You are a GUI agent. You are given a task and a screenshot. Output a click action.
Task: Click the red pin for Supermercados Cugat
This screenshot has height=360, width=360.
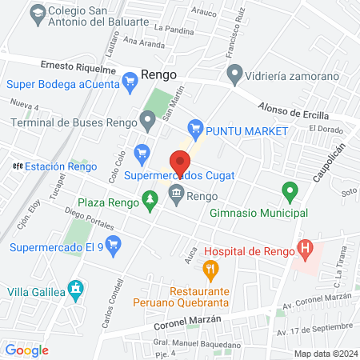(x=181, y=165)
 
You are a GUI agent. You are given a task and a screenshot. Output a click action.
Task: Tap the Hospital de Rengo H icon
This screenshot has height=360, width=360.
(x=305, y=250)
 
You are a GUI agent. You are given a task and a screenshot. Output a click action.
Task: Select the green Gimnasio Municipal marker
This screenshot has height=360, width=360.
(x=290, y=192)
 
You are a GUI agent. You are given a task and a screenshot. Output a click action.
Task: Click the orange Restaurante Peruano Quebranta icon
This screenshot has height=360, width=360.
(x=211, y=270)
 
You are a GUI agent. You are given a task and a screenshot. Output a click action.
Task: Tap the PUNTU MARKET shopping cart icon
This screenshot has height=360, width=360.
(x=194, y=128)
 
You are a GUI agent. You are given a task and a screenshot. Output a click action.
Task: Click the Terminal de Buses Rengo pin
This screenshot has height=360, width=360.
(x=147, y=122)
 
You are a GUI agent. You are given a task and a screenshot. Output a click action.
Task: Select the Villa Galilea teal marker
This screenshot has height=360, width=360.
(x=75, y=287)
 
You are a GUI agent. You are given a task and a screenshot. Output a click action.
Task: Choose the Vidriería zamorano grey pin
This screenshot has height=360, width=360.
(x=234, y=75)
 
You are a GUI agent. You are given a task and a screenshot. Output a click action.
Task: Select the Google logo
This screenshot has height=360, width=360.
(x=26, y=350)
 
